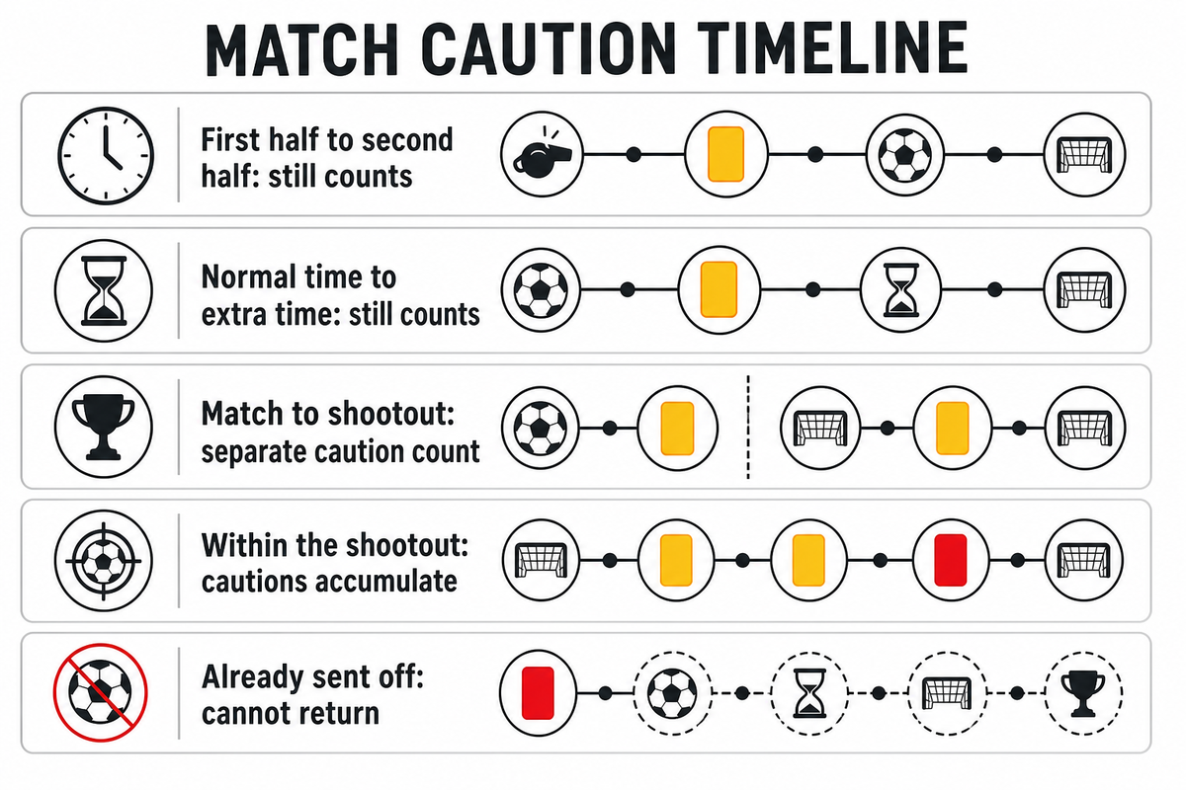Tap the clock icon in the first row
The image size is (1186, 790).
(106, 156)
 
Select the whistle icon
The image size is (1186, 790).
(543, 154)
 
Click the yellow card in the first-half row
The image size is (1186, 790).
(725, 154)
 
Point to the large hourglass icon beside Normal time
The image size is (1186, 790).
(104, 290)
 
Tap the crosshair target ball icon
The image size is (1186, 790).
(103, 561)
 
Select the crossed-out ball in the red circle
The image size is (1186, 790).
(101, 692)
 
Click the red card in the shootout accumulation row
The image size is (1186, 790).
(951, 560)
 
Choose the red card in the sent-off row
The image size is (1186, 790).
(538, 693)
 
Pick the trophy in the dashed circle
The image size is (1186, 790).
(1083, 693)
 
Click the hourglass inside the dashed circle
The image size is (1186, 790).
(809, 693)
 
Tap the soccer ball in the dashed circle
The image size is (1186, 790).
(672, 693)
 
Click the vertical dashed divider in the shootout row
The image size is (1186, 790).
(748, 427)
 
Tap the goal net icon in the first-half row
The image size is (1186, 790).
(1084, 154)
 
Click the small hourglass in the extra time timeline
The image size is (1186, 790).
(901, 290)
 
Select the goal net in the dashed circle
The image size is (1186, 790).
(947, 693)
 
